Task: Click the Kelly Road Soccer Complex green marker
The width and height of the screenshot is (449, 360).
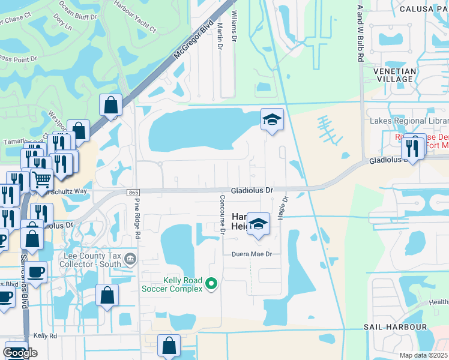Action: click(211, 283)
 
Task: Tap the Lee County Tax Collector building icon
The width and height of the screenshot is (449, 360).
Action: click(131, 259)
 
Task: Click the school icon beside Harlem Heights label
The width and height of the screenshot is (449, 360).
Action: click(258, 224)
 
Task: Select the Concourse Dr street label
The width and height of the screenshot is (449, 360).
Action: click(221, 213)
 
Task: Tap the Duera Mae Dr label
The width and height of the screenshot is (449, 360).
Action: click(252, 254)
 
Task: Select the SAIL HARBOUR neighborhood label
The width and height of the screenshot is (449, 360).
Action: click(396, 327)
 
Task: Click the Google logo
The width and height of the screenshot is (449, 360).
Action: click(20, 353)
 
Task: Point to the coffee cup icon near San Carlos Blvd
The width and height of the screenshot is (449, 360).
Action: click(36, 271)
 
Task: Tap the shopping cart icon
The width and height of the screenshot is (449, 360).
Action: click(41, 179)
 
